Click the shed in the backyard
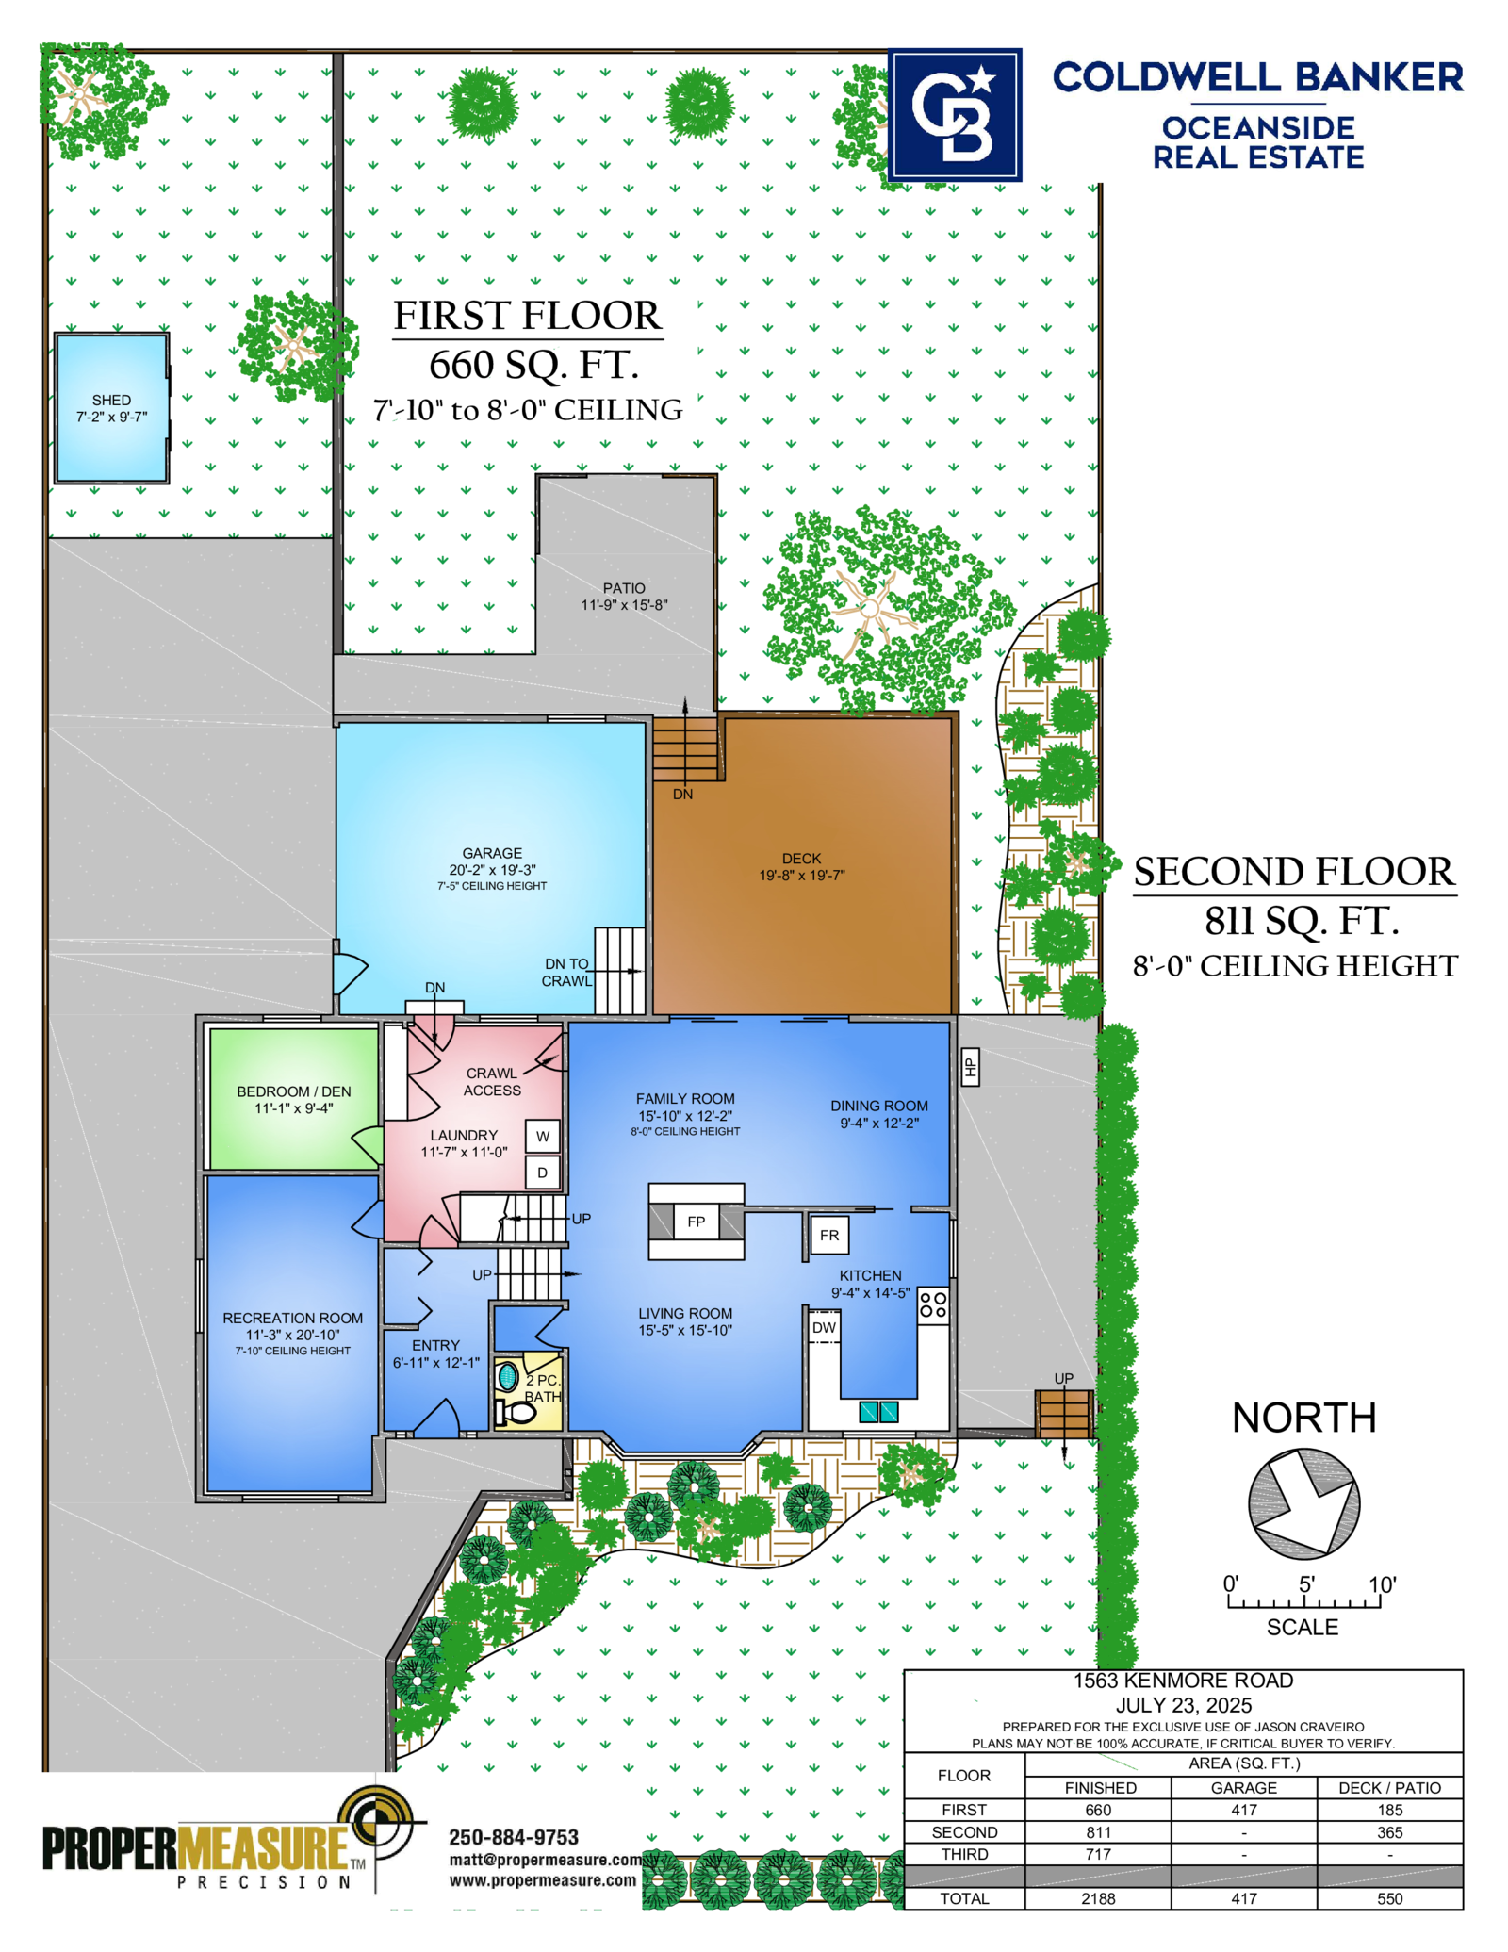(111, 408)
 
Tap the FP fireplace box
(696, 1222)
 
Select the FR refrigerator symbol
(829, 1235)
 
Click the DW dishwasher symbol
(824, 1327)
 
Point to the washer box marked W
(543, 1137)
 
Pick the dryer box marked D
(543, 1173)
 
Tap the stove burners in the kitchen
(933, 1304)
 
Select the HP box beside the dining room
(970, 1067)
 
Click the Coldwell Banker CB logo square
(955, 115)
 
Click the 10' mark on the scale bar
(1382, 1584)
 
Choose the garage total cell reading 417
(1244, 1898)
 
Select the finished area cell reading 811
(1099, 1832)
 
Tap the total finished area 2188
(1099, 1898)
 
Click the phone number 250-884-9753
(514, 1837)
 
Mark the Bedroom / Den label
(294, 1091)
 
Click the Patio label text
(624, 588)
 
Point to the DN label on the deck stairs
(683, 795)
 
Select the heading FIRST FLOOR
(528, 316)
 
